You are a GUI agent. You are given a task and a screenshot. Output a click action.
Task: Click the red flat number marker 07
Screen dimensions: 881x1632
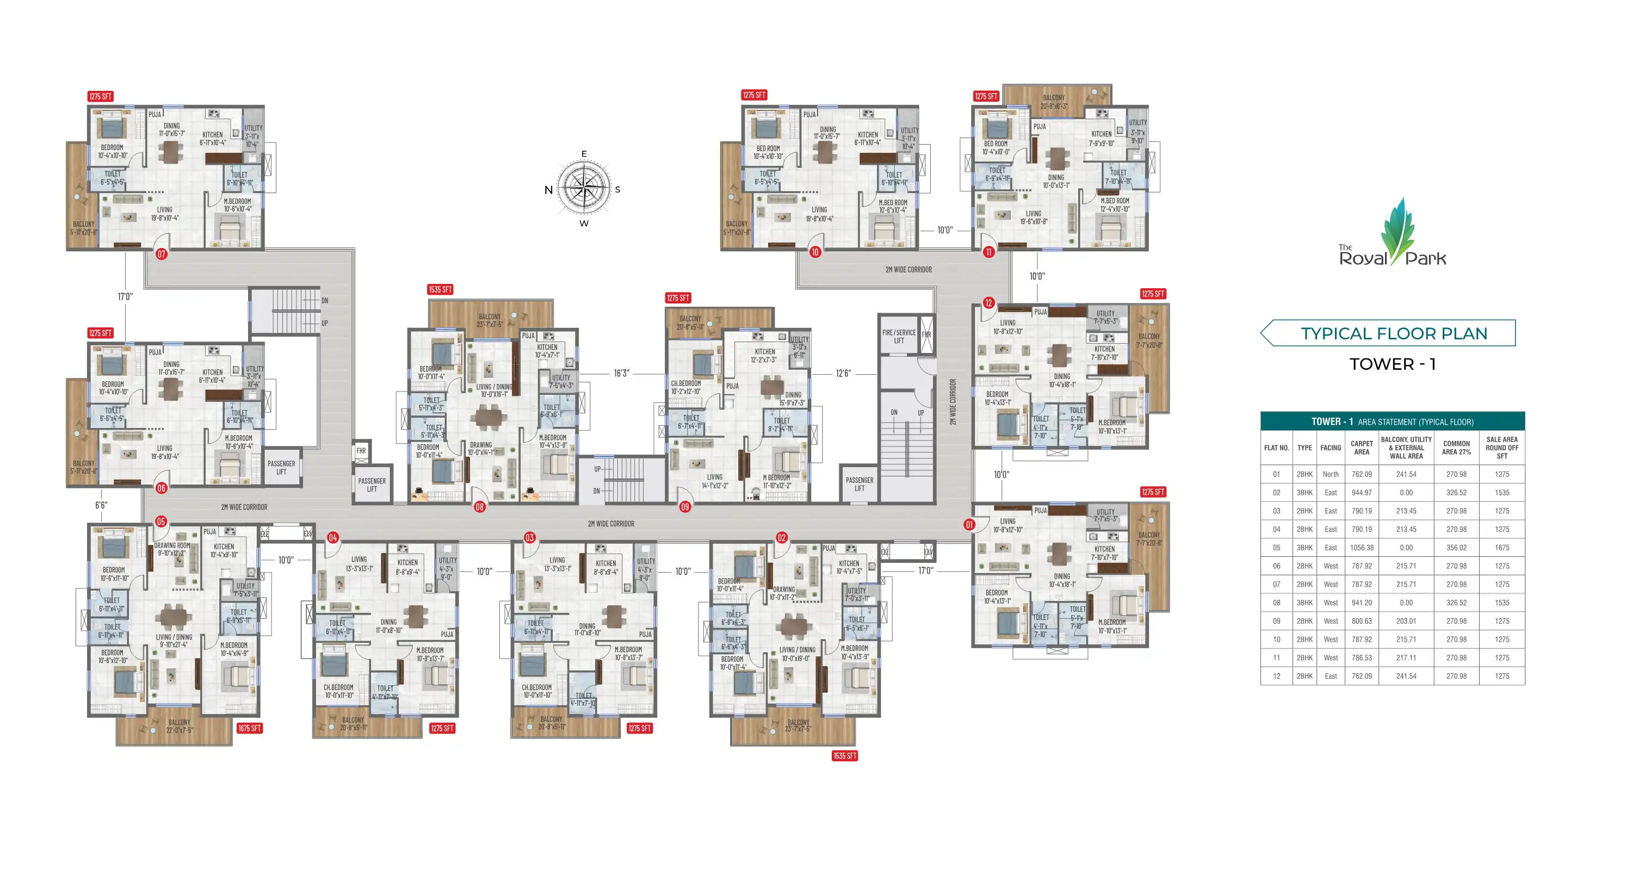161,254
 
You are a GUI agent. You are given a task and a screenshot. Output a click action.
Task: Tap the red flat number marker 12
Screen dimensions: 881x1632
988,303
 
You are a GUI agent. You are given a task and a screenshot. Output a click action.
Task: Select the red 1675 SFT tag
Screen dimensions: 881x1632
249,728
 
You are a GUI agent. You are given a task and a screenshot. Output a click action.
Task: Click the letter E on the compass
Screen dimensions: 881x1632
584,154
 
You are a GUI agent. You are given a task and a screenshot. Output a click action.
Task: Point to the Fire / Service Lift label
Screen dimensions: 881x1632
898,336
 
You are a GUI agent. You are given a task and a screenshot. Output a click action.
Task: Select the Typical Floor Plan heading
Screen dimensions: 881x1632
1393,333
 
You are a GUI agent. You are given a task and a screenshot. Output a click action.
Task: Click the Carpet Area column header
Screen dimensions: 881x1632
1361,448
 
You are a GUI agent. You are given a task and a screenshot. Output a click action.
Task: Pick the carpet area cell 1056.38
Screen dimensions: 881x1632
1361,548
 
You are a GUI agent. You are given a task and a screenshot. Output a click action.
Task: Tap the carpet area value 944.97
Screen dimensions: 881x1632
1361,493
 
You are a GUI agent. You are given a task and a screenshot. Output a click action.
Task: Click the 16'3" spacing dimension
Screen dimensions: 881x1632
621,374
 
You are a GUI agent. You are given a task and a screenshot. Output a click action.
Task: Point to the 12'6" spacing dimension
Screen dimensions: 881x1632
843,374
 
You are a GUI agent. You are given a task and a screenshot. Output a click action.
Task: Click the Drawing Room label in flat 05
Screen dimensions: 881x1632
172,549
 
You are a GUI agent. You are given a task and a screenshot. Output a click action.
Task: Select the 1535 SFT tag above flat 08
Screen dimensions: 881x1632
440,289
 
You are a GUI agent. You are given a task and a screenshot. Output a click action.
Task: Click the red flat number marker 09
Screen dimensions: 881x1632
684,507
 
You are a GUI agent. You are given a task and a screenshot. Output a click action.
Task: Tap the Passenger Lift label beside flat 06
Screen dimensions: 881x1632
281,467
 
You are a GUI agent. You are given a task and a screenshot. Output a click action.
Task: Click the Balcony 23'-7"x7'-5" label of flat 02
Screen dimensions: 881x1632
798,726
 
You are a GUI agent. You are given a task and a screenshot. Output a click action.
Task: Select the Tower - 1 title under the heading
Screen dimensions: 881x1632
1392,364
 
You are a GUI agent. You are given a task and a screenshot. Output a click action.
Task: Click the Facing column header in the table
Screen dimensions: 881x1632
1331,448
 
